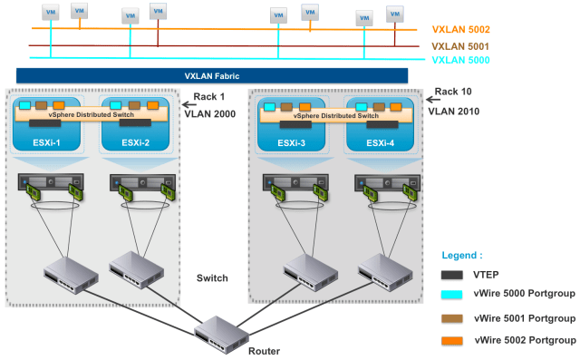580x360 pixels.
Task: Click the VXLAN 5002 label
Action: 463,29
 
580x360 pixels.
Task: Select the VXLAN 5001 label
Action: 463,44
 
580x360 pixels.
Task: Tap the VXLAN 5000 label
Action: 463,59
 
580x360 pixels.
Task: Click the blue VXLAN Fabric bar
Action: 213,76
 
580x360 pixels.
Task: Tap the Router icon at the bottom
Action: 220,328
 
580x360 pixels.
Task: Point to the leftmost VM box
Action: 51,14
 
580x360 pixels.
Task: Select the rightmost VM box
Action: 395,14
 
